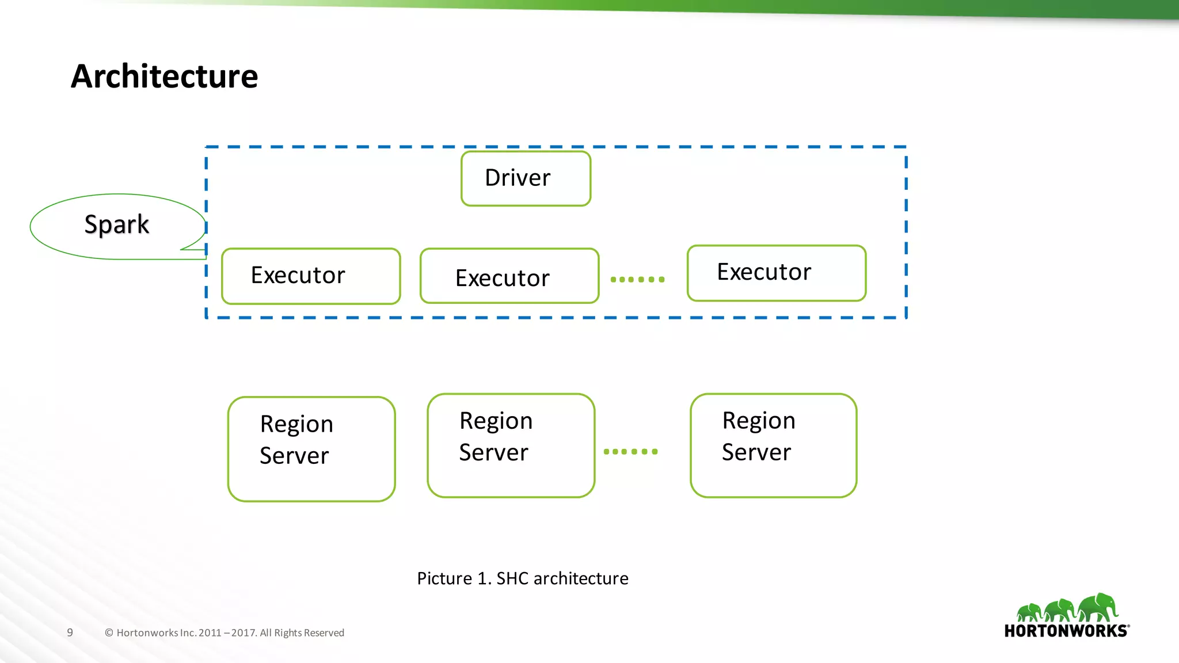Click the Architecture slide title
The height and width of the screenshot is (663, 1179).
coord(165,77)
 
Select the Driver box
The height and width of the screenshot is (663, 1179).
coord(526,178)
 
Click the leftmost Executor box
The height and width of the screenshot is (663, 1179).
coord(311,276)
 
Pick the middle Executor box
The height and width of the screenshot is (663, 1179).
coord(509,276)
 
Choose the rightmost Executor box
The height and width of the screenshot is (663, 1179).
coord(777,273)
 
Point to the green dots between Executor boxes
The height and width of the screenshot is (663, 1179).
coord(637,280)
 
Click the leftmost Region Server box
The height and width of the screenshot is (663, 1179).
coord(311,449)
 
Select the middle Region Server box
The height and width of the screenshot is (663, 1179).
coord(511,445)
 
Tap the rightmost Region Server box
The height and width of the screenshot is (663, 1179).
coord(773,445)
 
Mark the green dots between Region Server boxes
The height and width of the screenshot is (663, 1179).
coord(630,452)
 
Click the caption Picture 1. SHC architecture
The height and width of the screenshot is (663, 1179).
coord(522,578)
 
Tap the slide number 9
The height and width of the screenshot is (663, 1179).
coord(70,632)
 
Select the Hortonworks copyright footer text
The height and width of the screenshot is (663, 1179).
coord(225,633)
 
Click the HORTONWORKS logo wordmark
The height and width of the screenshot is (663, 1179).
coord(1066,631)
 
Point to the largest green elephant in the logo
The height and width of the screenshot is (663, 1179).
coord(1098,607)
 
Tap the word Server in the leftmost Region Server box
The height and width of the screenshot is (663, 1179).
coord(294,456)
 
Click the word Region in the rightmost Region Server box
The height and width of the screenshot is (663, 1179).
coord(759,421)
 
